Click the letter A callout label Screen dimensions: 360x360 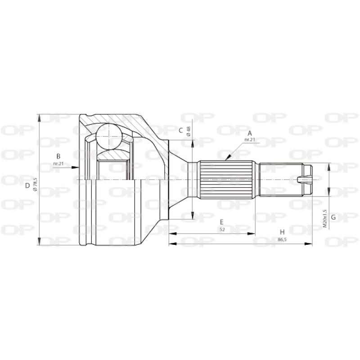pos(250,133)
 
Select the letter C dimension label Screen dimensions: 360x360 pos(181,130)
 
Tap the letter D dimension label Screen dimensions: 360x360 pos(28,185)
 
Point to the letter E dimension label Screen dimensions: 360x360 pos(221,222)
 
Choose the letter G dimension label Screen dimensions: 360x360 pos(333,217)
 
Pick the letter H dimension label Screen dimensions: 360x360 pos(282,232)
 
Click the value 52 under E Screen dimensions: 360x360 pos(221,229)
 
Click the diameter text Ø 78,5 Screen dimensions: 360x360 pos(35,185)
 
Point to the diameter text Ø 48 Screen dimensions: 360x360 pos(189,131)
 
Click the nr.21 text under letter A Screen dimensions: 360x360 pos(250,140)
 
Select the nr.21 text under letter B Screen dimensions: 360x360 pos(58,163)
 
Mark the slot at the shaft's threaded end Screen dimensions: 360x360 pos(305,180)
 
